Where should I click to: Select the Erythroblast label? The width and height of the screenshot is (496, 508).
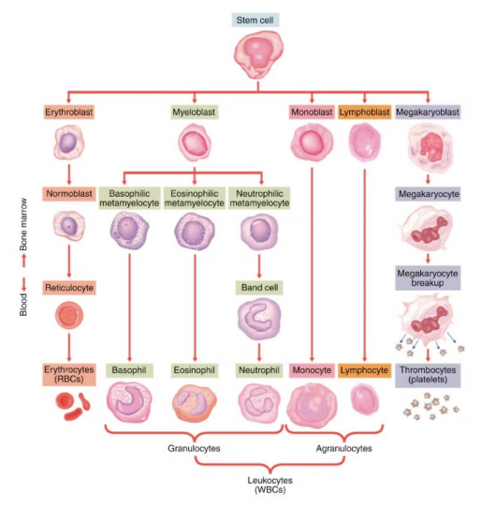click(x=69, y=112)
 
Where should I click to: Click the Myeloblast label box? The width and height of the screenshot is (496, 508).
click(x=194, y=112)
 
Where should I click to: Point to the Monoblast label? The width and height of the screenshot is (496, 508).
click(x=312, y=112)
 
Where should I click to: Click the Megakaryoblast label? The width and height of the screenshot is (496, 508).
click(x=429, y=112)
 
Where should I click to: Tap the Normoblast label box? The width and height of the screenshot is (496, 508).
click(x=69, y=195)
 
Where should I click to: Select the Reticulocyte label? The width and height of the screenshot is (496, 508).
click(x=69, y=286)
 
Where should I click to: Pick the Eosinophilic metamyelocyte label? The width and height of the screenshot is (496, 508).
click(x=194, y=197)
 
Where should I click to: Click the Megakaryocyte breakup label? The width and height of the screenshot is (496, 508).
click(x=429, y=278)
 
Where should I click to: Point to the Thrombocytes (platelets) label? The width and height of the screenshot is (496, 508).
click(x=429, y=375)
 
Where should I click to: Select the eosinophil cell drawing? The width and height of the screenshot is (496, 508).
click(x=194, y=406)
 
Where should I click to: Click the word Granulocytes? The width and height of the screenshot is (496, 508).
click(x=193, y=449)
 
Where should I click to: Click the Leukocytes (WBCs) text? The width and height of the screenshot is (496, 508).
click(x=255, y=486)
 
